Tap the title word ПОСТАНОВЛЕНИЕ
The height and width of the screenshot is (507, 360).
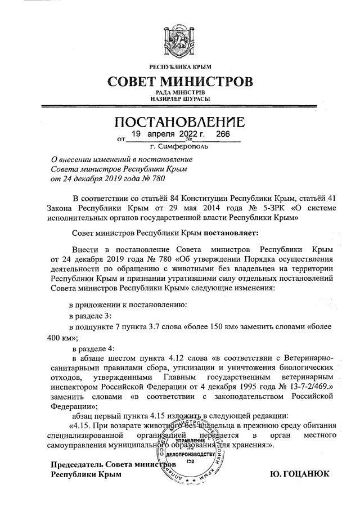click(x=179, y=122)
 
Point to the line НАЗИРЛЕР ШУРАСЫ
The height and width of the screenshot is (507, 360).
click(x=180, y=98)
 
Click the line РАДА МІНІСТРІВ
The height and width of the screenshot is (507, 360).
click(x=180, y=92)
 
